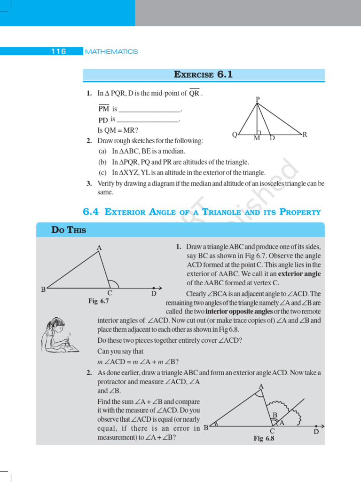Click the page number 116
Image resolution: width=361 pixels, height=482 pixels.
click(x=59, y=51)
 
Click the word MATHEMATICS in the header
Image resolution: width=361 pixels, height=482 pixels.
click(x=112, y=51)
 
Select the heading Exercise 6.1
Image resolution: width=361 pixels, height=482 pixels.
click(x=204, y=74)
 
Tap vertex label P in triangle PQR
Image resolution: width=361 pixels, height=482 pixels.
click(x=258, y=99)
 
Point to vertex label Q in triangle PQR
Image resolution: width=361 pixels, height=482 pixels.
click(x=235, y=135)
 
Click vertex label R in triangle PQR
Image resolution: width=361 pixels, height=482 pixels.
click(x=305, y=135)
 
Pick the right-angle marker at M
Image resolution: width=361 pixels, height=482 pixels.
click(x=259, y=133)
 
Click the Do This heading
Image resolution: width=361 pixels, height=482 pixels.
click(x=69, y=230)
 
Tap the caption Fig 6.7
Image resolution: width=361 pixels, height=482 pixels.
click(x=99, y=301)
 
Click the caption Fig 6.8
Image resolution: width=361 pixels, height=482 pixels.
click(x=264, y=438)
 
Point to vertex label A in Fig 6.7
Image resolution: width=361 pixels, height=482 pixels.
click(x=99, y=248)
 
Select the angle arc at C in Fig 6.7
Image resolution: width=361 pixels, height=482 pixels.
click(x=114, y=283)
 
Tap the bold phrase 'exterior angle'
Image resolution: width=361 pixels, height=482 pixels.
click(x=299, y=274)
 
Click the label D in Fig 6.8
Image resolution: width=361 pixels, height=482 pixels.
click(x=316, y=431)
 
